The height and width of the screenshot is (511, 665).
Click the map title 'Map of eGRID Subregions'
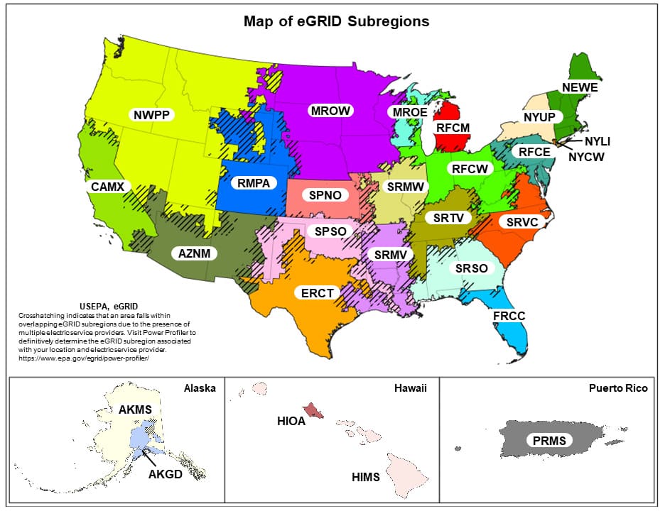(x=336, y=21)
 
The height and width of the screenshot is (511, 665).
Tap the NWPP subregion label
(x=153, y=114)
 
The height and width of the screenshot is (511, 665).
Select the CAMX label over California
(x=108, y=187)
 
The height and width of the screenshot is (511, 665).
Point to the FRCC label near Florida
(x=509, y=316)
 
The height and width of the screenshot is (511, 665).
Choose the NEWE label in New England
(x=580, y=88)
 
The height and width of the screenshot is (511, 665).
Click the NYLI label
(x=598, y=141)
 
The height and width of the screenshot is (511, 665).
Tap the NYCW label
(x=586, y=157)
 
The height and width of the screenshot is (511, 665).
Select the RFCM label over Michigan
(x=453, y=128)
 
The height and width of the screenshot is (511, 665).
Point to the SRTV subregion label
(x=448, y=218)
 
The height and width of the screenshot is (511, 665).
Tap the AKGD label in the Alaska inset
(x=165, y=474)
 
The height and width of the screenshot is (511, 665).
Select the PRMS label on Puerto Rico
(x=549, y=441)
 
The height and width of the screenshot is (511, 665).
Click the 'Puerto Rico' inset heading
(x=617, y=388)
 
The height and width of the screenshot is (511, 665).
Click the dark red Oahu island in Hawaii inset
(x=313, y=410)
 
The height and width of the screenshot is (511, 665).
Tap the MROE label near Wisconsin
(x=407, y=112)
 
